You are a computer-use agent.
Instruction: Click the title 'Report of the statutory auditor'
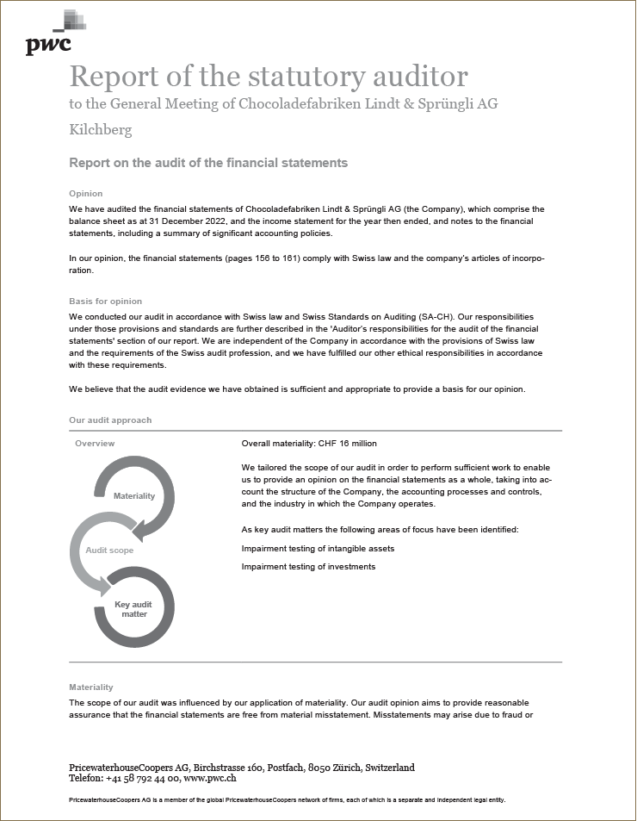(269, 76)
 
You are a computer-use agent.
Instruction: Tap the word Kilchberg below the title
(101, 130)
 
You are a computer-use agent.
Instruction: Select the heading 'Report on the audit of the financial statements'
(208, 162)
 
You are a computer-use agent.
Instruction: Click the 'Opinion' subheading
(85, 194)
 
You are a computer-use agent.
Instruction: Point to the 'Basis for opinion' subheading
(105, 302)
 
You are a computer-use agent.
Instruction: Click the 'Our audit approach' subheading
(110, 420)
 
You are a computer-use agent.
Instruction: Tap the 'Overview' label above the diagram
(95, 444)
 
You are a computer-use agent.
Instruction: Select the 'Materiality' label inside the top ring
(134, 496)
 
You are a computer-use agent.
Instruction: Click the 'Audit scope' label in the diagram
(109, 550)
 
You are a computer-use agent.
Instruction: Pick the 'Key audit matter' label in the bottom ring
(133, 609)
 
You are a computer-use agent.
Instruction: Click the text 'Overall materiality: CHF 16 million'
(309, 444)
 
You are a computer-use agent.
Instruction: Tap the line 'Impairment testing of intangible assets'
(318, 548)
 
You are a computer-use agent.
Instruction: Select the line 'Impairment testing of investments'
(308, 567)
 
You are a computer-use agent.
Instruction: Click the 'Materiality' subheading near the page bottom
(90, 687)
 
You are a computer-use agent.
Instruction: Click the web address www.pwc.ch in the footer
(210, 778)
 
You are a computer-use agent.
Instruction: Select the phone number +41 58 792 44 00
(140, 778)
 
